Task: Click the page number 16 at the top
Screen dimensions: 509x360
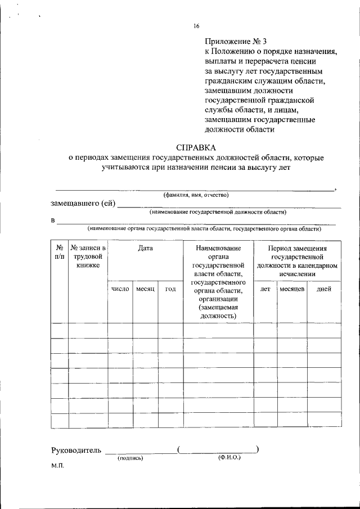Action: [196, 26]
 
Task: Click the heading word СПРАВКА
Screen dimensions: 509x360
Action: [195, 147]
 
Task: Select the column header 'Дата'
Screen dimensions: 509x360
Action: [146, 247]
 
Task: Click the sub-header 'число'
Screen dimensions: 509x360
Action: [120, 289]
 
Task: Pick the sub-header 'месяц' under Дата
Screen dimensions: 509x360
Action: [146, 289]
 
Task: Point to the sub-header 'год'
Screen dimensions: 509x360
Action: [170, 289]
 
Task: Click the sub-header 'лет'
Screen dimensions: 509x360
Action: [265, 289]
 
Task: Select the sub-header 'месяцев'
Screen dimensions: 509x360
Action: [292, 289]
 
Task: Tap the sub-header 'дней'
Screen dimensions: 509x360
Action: [324, 289]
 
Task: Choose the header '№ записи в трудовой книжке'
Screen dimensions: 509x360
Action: [88, 256]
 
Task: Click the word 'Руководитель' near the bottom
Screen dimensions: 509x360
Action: [76, 450]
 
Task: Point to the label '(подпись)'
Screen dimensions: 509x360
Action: [130, 459]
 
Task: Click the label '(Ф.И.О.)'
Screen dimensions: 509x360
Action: [229, 458]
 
